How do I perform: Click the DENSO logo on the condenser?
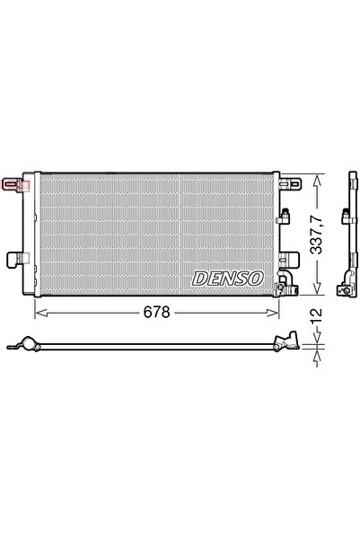[x=227, y=279]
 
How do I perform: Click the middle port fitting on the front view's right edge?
[x=286, y=215]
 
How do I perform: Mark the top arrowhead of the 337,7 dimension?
[x=315, y=176]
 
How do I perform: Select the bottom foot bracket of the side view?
[x=343, y=289]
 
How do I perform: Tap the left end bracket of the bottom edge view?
[x=26, y=344]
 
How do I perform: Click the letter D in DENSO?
[x=200, y=279]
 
